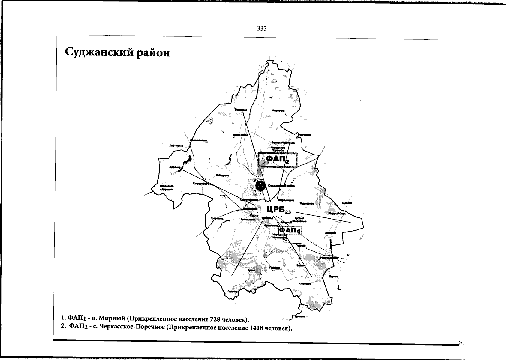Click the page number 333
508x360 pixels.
[x=262, y=28]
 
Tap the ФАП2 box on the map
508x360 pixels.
[x=278, y=160]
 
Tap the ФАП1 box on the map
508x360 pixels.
[x=290, y=230]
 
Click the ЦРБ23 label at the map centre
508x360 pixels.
[x=278, y=209]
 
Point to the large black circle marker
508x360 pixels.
[x=260, y=186]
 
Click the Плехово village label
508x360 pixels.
[x=275, y=268]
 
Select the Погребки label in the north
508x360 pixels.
[x=241, y=110]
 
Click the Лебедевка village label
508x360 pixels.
[x=222, y=175]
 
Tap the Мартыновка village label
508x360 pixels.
[x=286, y=200]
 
